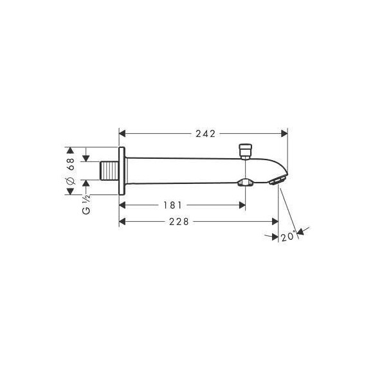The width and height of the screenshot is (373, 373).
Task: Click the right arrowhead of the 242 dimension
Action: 284,134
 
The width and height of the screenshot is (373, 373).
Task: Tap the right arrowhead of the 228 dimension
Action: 275,222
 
